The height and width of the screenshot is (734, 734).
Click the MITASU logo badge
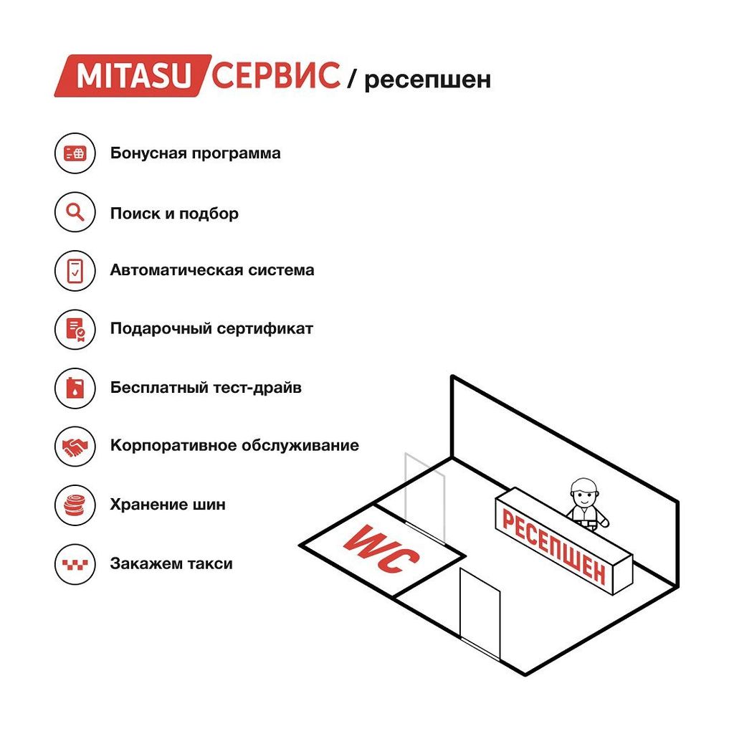[x=133, y=76]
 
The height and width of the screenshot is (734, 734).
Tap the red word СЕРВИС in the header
[x=276, y=75]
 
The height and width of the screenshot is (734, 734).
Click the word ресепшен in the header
[x=427, y=80]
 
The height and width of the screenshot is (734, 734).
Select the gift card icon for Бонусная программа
[x=75, y=153]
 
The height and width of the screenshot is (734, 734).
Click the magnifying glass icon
[x=75, y=212]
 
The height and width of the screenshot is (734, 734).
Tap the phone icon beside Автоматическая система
[x=75, y=270]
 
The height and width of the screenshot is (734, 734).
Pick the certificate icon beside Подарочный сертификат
[x=75, y=329]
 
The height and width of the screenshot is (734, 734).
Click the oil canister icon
[x=75, y=388]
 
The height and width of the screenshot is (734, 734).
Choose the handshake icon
[x=75, y=446]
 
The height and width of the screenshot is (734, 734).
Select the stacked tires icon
[x=75, y=505]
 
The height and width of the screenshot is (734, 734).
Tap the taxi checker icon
[x=75, y=564]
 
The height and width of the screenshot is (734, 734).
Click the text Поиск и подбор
[x=174, y=214]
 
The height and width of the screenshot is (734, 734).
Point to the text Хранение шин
[x=168, y=505]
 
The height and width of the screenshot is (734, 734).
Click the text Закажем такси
[x=171, y=563]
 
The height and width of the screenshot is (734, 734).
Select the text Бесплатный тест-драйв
[x=206, y=388]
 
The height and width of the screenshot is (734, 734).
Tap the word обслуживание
[x=300, y=446]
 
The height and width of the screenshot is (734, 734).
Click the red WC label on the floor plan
[x=381, y=548]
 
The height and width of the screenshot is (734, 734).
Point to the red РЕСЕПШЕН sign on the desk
[x=554, y=546]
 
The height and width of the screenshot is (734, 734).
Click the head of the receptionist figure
[x=583, y=492]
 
